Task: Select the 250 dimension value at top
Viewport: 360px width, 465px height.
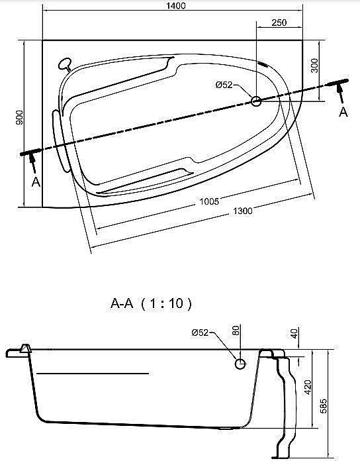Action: [279, 23]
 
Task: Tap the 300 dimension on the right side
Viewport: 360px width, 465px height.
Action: [314, 65]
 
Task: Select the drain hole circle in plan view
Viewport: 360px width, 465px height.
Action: [257, 101]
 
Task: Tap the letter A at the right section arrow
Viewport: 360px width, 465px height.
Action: [343, 112]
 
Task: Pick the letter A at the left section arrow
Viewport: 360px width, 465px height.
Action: [36, 181]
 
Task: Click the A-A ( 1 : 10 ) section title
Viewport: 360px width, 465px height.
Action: [151, 304]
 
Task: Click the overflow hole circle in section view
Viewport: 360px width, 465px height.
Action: [240, 364]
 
